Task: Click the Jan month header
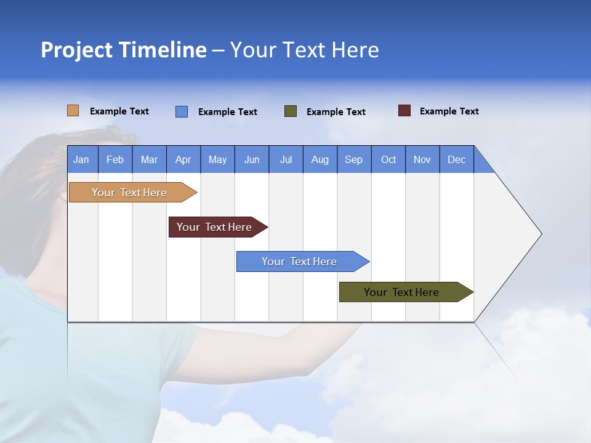(82, 159)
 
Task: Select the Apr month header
(183, 159)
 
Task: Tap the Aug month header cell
(320, 159)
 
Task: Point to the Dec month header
(456, 159)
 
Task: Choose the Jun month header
(251, 159)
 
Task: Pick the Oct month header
(388, 159)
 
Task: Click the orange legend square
(73, 111)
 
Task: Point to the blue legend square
(181, 111)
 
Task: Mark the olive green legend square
(290, 111)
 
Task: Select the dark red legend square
(404, 111)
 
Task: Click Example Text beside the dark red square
(449, 111)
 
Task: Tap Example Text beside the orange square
(119, 111)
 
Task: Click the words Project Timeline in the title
(123, 50)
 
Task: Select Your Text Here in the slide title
(304, 50)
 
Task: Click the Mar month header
(149, 159)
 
